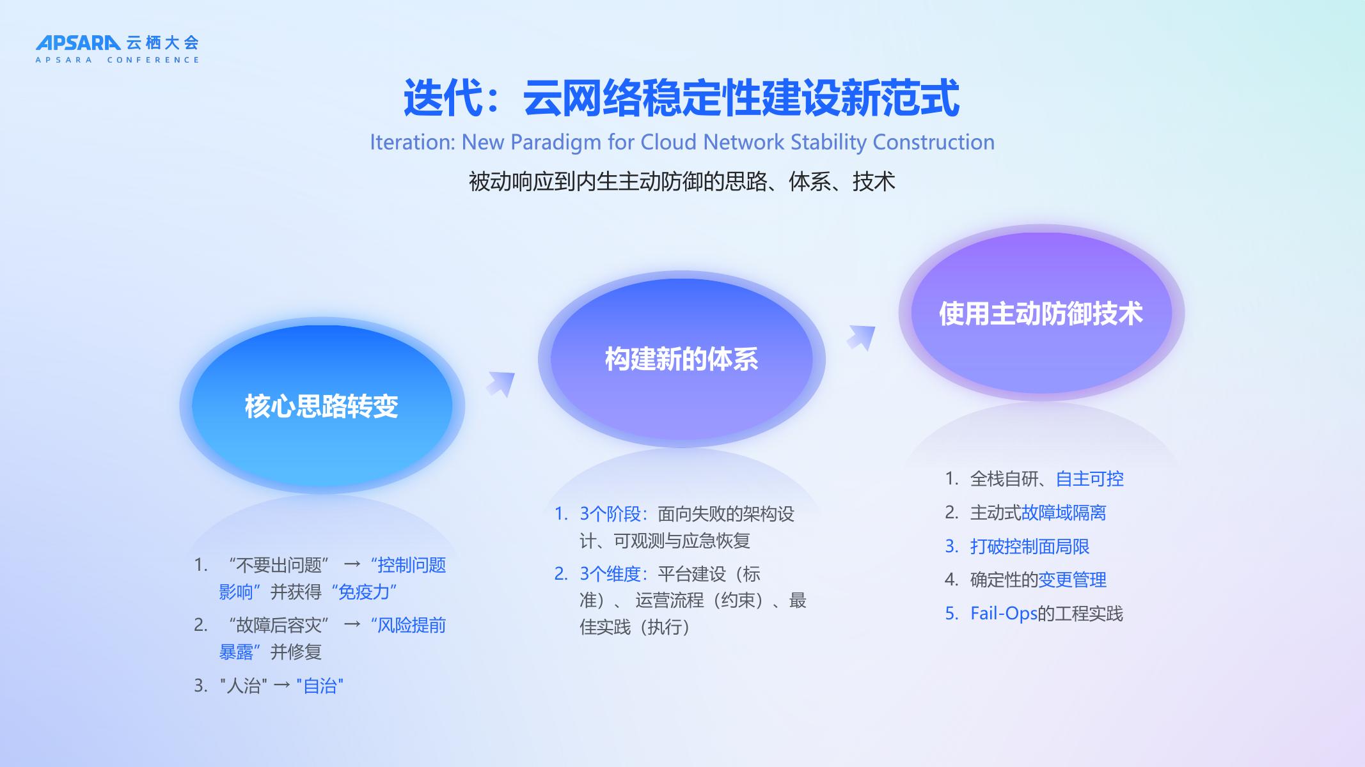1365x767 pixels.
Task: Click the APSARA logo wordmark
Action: point(78,43)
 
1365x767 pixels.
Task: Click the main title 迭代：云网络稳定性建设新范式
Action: point(682,98)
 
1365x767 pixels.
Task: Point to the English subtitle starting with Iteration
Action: point(682,143)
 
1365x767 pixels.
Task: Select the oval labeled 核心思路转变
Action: point(322,406)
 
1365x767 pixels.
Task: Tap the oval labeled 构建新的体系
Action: point(682,359)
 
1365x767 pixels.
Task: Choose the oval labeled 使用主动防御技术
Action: point(1041,313)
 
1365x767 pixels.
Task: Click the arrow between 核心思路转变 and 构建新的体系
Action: point(501,383)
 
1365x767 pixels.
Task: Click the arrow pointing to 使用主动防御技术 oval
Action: point(861,337)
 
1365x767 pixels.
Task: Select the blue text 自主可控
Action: point(1089,479)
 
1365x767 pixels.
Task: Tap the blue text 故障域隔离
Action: point(1064,513)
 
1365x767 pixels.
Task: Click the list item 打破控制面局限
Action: point(1030,546)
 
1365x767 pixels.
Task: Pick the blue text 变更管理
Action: point(1072,580)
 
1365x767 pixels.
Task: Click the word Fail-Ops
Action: point(1004,614)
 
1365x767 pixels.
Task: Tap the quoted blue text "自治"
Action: point(320,686)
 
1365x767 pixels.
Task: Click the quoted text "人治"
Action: point(243,686)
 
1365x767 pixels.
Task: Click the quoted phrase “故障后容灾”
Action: point(278,625)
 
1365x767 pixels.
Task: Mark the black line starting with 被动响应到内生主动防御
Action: point(682,182)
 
